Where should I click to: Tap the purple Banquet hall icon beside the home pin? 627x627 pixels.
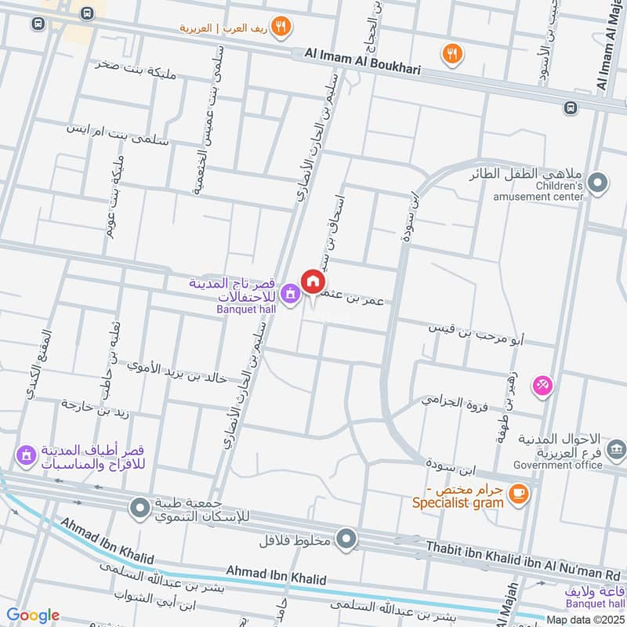pyautogui.click(x=290, y=293)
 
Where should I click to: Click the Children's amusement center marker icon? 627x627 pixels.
pyautogui.click(x=598, y=183)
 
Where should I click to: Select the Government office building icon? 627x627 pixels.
pyautogui.click(x=616, y=449)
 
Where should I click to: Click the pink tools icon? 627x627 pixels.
pyautogui.click(x=542, y=385)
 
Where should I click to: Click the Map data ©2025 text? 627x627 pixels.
pyautogui.click(x=585, y=619)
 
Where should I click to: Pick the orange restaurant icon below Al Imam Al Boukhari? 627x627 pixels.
pyautogui.click(x=452, y=53)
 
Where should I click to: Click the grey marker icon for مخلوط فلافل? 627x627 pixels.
pyautogui.click(x=346, y=538)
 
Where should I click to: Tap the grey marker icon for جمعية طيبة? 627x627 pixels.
pyautogui.click(x=140, y=509)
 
